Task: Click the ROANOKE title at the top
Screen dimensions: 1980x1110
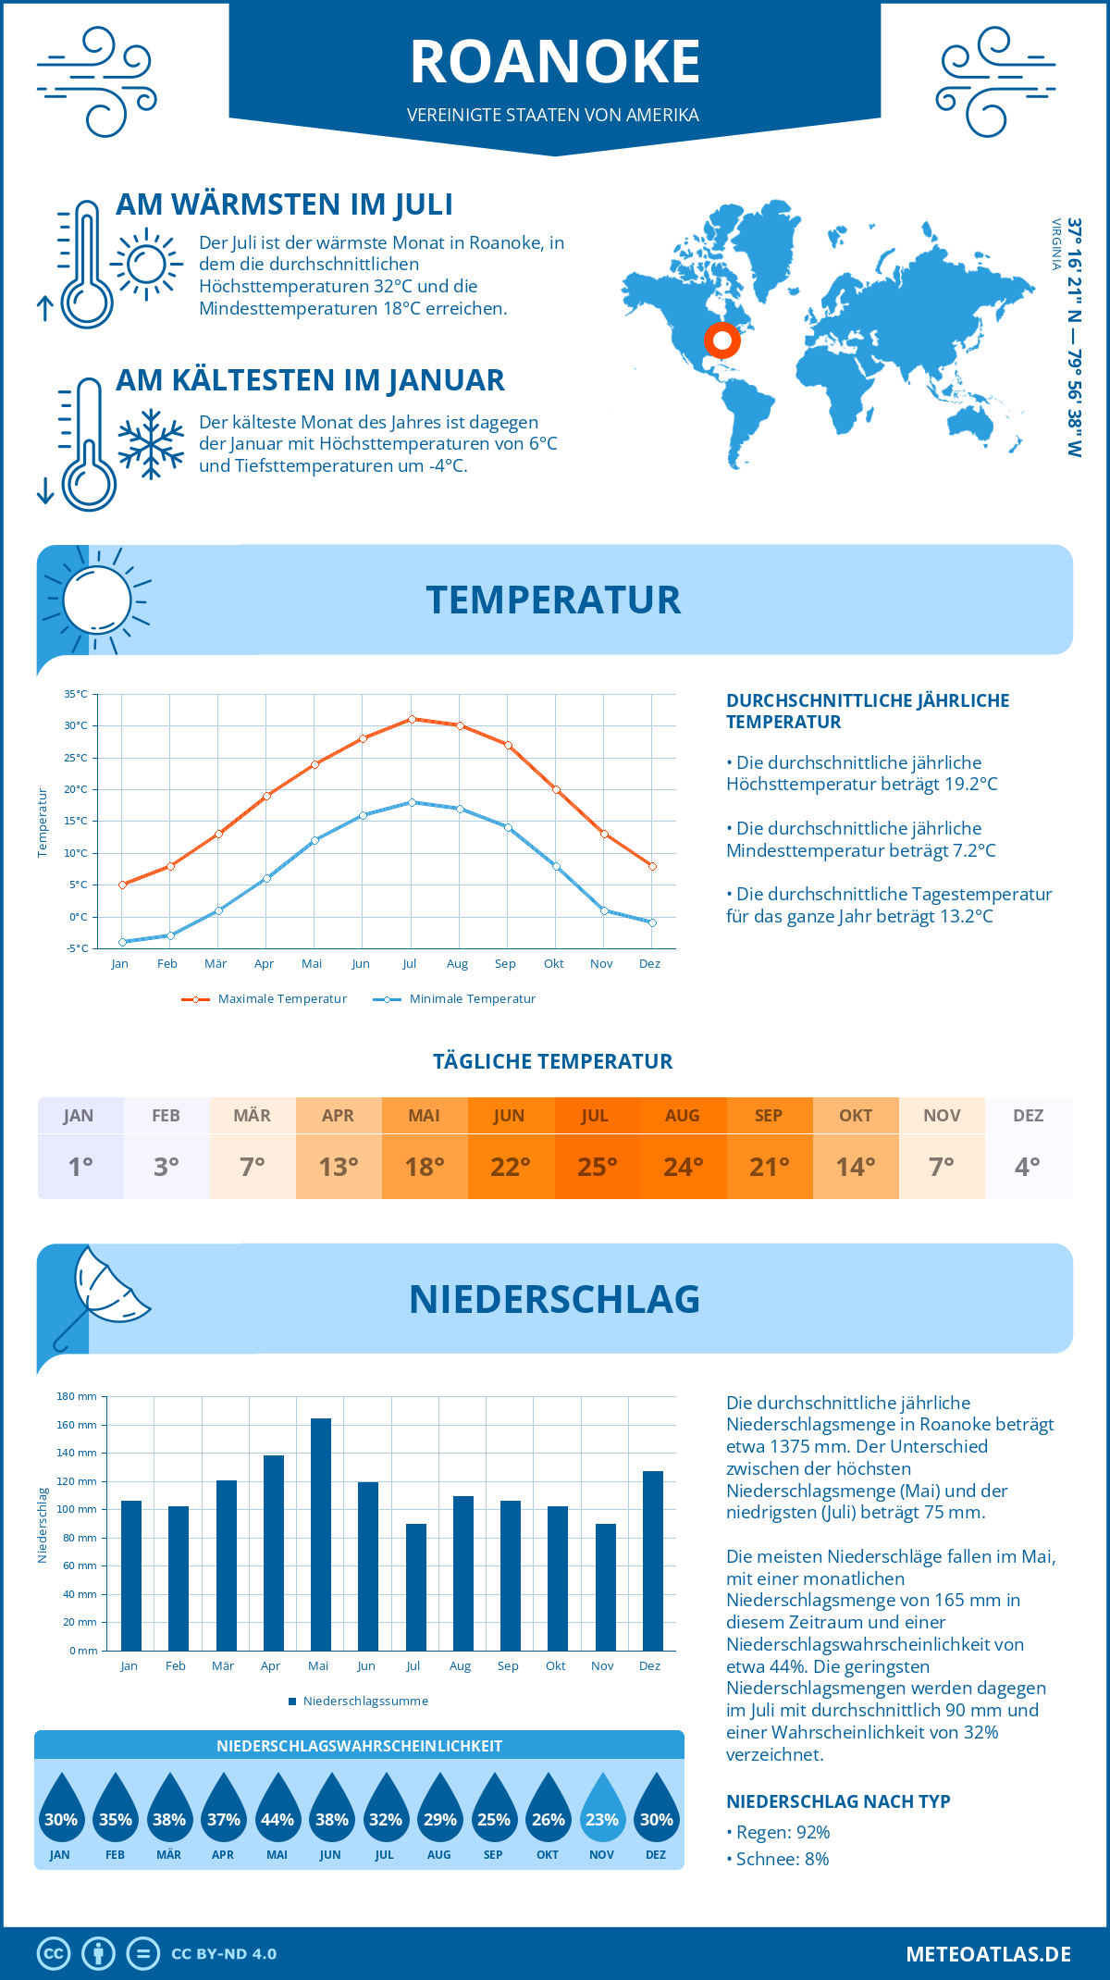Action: (555, 62)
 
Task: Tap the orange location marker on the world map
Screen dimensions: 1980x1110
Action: (722, 340)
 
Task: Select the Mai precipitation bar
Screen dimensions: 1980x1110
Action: (320, 1534)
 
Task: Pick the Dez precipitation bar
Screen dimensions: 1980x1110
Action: (652, 1560)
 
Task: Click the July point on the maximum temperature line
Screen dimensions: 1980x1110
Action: (412, 719)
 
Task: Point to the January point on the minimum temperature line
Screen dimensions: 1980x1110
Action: (122, 942)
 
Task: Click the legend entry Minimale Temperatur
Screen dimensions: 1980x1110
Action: (472, 999)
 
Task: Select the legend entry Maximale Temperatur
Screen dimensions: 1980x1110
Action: (282, 999)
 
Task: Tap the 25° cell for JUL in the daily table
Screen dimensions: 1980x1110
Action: (597, 1167)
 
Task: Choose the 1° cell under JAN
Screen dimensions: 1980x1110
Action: (80, 1167)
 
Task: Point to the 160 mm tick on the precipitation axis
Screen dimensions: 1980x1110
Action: (77, 1425)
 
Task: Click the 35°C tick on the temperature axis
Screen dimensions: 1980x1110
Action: (76, 694)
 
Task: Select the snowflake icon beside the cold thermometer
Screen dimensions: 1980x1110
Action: (151, 444)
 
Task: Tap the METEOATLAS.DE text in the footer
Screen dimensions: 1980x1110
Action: (988, 1954)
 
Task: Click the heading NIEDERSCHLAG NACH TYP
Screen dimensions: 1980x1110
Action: (838, 1801)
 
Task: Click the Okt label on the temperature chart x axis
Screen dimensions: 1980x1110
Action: (553, 964)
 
